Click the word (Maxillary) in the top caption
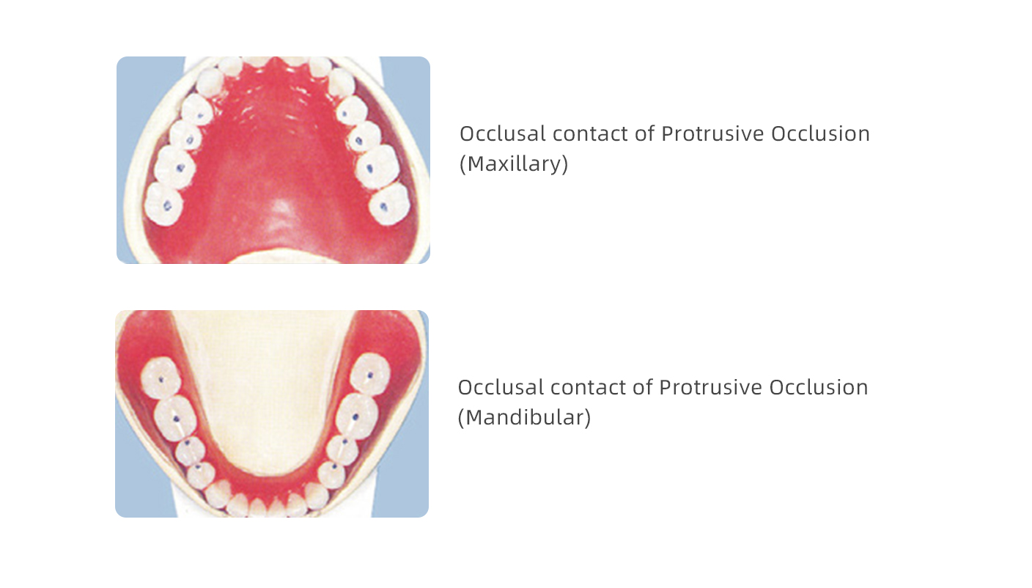point(514,163)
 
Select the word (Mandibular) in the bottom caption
point(524,417)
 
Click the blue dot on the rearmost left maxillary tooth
point(167,206)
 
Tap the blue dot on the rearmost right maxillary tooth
point(383,206)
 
